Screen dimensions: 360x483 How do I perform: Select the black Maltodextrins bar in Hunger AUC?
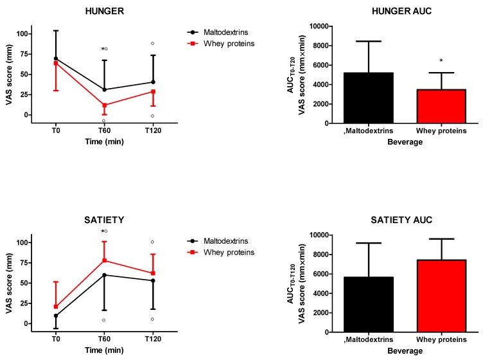pyautogui.click(x=369, y=98)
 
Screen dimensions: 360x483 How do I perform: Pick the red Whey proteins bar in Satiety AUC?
pyautogui.click(x=441, y=296)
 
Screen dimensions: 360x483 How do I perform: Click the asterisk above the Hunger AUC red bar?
pyautogui.click(x=441, y=62)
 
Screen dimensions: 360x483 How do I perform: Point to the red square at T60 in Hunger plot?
pyautogui.click(x=105, y=105)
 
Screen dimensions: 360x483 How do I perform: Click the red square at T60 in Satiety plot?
pyautogui.click(x=105, y=260)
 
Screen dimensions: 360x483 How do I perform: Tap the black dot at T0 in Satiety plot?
pyautogui.click(x=56, y=316)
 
